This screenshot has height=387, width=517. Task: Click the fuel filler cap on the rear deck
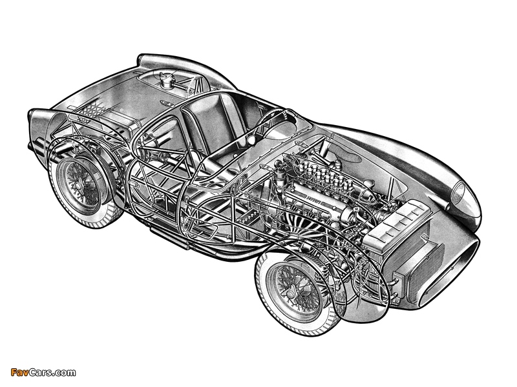[165, 78]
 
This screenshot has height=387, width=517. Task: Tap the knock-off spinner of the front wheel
[292, 290]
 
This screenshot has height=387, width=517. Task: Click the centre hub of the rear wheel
[78, 186]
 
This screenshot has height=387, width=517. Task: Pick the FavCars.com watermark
[43, 373]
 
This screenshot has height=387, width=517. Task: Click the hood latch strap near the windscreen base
[299, 144]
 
